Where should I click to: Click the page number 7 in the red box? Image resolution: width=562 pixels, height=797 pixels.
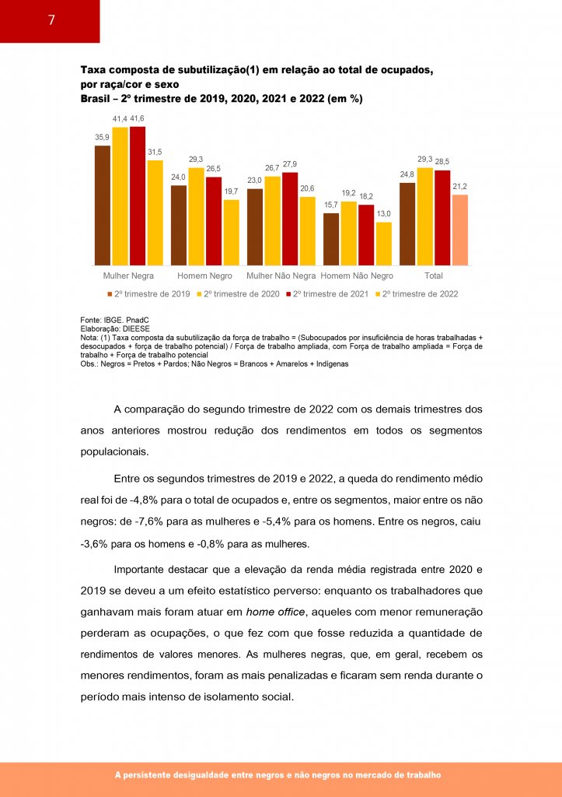point(51,21)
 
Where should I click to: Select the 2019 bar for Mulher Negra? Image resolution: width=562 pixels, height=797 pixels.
point(103,205)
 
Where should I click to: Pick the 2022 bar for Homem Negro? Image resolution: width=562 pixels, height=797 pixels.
point(231,233)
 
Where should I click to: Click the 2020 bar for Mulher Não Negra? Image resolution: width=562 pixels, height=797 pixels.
point(272,221)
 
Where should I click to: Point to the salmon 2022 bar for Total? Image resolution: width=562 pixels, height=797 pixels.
point(459,230)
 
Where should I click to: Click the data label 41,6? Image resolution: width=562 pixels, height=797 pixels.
point(138,118)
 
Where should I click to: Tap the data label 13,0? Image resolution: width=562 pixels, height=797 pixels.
point(383,214)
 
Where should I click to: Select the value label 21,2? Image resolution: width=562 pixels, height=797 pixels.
point(459,187)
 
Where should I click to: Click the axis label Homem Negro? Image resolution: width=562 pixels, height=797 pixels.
point(204,276)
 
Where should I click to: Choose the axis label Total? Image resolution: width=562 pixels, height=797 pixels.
point(434,276)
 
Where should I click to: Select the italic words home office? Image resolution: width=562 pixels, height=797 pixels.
point(274,612)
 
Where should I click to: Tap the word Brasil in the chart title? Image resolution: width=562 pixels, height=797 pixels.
point(96,99)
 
